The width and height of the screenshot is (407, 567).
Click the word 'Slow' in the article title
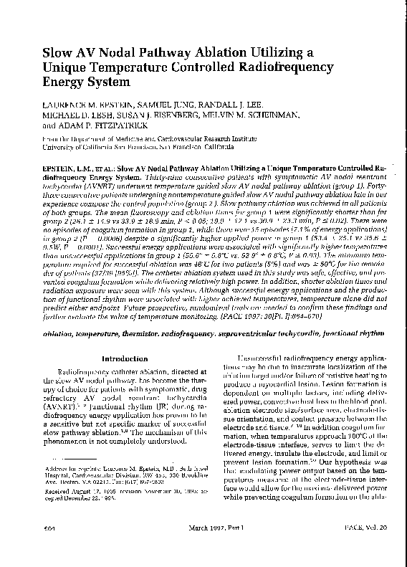(x=60, y=53)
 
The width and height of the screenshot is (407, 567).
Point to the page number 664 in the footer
(x=49, y=546)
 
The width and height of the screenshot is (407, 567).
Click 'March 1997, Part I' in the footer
(x=203, y=546)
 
